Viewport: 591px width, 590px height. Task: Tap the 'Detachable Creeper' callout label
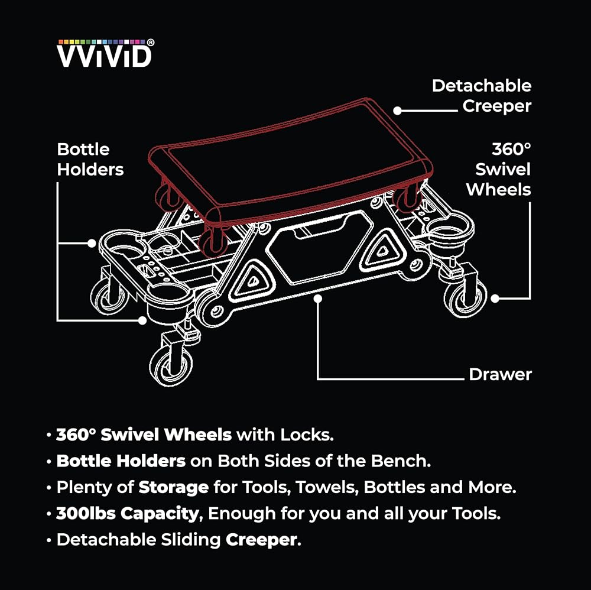point(482,96)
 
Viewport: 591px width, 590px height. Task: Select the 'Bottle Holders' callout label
point(90,160)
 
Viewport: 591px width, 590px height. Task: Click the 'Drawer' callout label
point(500,374)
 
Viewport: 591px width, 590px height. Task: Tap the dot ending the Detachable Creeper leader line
point(398,111)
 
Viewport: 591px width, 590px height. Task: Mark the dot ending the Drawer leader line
point(318,299)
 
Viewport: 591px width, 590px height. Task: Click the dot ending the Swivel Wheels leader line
point(495,299)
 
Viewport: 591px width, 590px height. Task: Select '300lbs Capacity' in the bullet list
point(127,513)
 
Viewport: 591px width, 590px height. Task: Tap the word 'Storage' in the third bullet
point(173,487)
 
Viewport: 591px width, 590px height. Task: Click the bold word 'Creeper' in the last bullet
point(262,539)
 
